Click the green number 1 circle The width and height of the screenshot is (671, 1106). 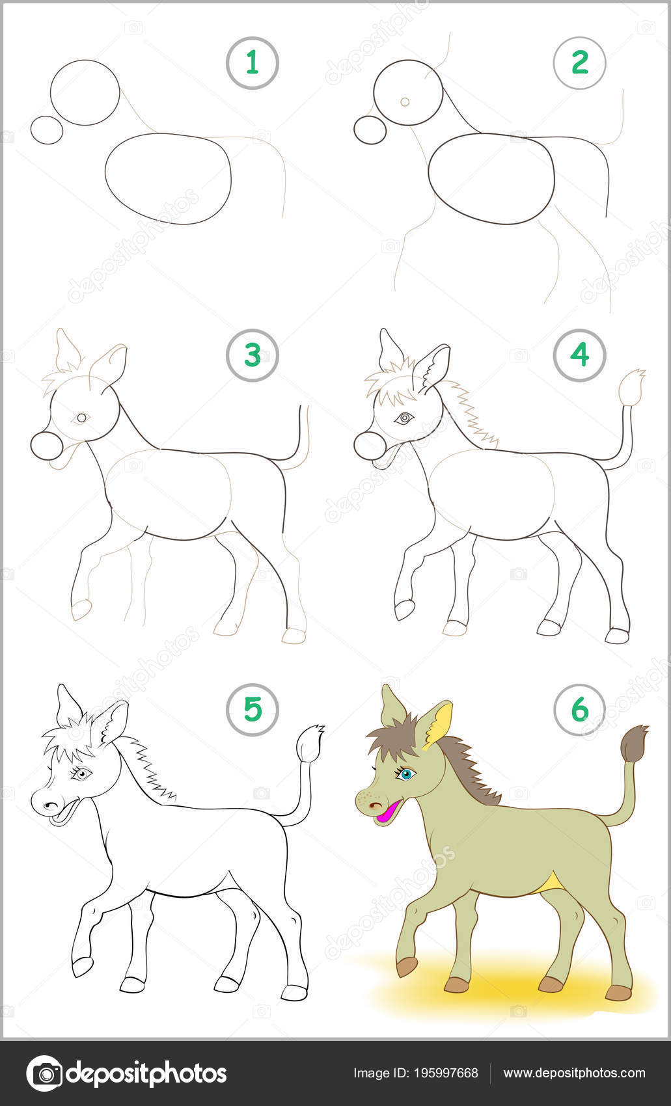pos(253,63)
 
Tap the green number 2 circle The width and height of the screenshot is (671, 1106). pos(580,63)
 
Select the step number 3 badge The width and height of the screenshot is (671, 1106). pos(253,355)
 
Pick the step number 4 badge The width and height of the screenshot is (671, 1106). pos(580,355)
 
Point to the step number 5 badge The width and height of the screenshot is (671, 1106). pos(253,710)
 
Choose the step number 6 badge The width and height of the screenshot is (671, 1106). pos(580,710)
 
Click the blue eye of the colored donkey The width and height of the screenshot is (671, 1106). pos(405,774)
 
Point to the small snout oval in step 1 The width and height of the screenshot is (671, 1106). pos(47,130)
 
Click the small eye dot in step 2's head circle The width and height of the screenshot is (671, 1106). pos(405,102)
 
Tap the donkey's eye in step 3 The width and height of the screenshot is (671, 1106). pos(81,418)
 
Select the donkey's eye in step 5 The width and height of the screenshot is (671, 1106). pos(81,774)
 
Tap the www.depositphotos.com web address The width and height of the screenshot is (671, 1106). pos(574,1073)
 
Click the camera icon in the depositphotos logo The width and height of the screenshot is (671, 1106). pos(44,1073)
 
